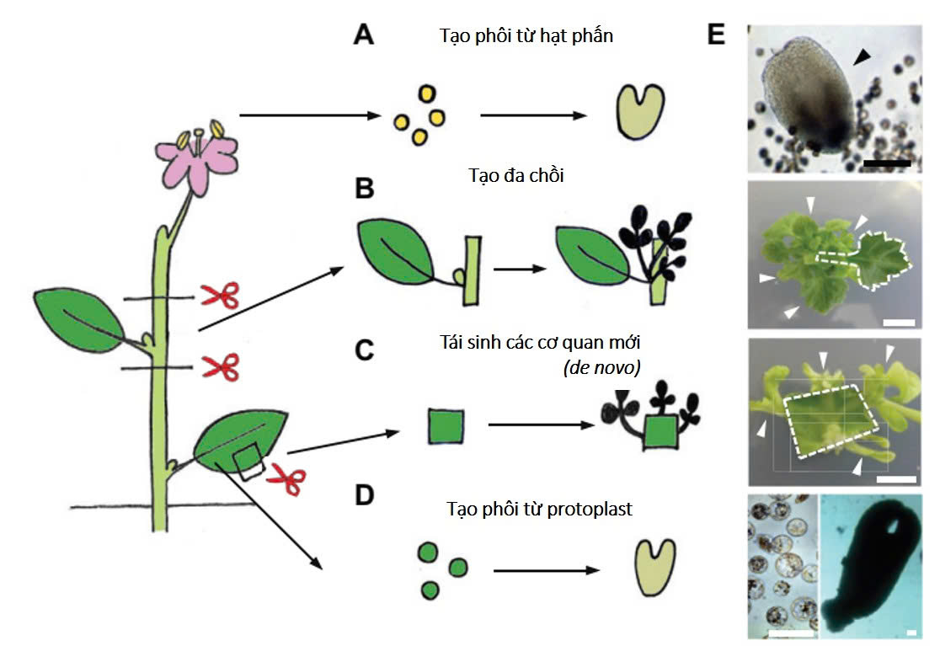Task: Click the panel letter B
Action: [x=364, y=190]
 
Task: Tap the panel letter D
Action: [x=364, y=495]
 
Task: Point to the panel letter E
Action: [x=717, y=35]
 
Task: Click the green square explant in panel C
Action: [x=446, y=425]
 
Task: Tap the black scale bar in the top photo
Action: [x=887, y=161]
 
